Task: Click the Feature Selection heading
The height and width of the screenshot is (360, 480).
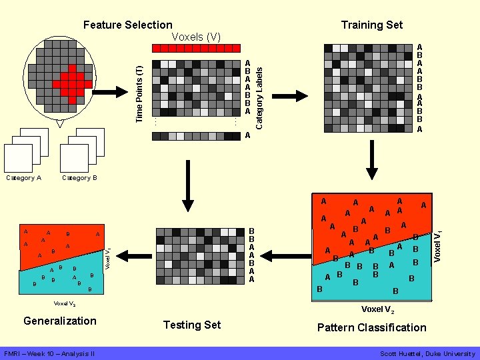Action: (x=127, y=25)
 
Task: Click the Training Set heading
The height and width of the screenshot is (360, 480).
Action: (x=371, y=25)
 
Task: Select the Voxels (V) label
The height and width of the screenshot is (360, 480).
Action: (x=196, y=36)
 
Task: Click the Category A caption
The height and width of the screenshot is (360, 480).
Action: (x=23, y=178)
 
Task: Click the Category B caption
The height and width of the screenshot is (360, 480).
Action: (x=79, y=178)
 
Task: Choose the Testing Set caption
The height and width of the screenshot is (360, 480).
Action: (x=191, y=325)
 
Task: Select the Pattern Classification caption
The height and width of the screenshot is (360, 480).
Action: (x=371, y=327)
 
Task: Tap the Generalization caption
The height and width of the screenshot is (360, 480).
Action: (x=60, y=321)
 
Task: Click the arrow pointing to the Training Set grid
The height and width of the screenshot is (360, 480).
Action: (x=289, y=96)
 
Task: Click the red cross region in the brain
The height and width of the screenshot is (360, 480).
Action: (x=72, y=83)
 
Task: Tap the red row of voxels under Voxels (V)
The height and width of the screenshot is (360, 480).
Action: (x=196, y=48)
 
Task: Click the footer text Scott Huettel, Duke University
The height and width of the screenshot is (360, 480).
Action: (x=427, y=353)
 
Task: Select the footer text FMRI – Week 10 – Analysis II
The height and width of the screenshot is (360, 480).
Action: (x=49, y=353)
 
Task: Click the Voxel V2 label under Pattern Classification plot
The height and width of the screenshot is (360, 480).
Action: (x=377, y=310)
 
